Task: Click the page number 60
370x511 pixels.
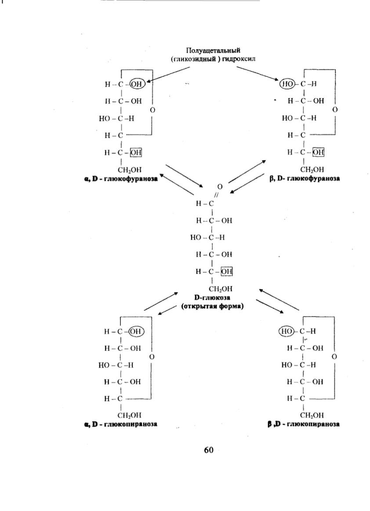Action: (208, 450)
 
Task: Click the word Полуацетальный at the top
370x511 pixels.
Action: (213, 51)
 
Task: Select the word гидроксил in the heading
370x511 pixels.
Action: (239, 59)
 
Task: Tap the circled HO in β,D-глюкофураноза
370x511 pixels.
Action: (287, 84)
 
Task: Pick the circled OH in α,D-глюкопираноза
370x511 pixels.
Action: (137, 331)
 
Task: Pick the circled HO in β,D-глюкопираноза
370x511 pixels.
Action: (287, 331)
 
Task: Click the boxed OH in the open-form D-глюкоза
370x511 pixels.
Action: (227, 271)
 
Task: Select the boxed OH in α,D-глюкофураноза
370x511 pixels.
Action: (136, 152)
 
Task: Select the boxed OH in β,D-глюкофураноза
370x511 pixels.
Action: (318, 152)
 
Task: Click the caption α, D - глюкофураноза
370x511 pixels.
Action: (120, 179)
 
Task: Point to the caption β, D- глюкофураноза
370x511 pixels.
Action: (305, 179)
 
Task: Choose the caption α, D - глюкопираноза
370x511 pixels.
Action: (120, 424)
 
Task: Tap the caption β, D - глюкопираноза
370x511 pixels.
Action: (304, 424)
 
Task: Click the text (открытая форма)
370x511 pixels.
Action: (212, 307)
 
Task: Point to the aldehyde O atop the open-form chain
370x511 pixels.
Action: (220, 187)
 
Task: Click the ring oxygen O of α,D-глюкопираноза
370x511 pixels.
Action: (152, 357)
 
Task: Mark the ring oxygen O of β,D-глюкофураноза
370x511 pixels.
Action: (335, 109)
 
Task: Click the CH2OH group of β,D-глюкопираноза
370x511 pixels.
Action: (312, 415)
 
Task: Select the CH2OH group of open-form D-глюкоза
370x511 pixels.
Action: (221, 289)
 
